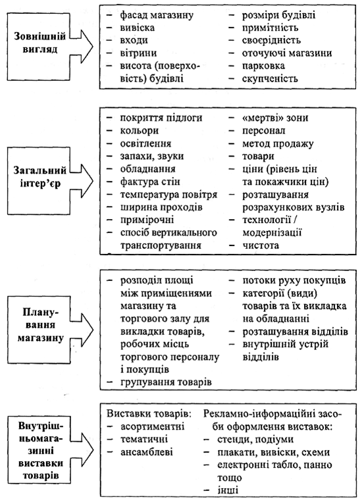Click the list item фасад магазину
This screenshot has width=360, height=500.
[157, 15]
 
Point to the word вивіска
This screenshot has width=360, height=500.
[137, 28]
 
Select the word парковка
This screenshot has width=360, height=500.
[263, 66]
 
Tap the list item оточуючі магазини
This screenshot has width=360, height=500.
[287, 53]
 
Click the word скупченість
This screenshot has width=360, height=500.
[270, 78]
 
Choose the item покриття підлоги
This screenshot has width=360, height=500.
[161, 118]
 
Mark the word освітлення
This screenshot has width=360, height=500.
[145, 143]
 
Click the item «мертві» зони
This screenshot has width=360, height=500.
[275, 118]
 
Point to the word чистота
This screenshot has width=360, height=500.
[261, 245]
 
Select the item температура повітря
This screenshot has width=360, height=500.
[168, 195]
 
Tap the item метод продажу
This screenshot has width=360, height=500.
[278, 143]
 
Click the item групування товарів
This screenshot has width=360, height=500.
[166, 382]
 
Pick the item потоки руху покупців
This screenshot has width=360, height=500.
[294, 280]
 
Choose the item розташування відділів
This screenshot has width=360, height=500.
[295, 332]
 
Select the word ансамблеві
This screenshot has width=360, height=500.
[147, 452]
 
